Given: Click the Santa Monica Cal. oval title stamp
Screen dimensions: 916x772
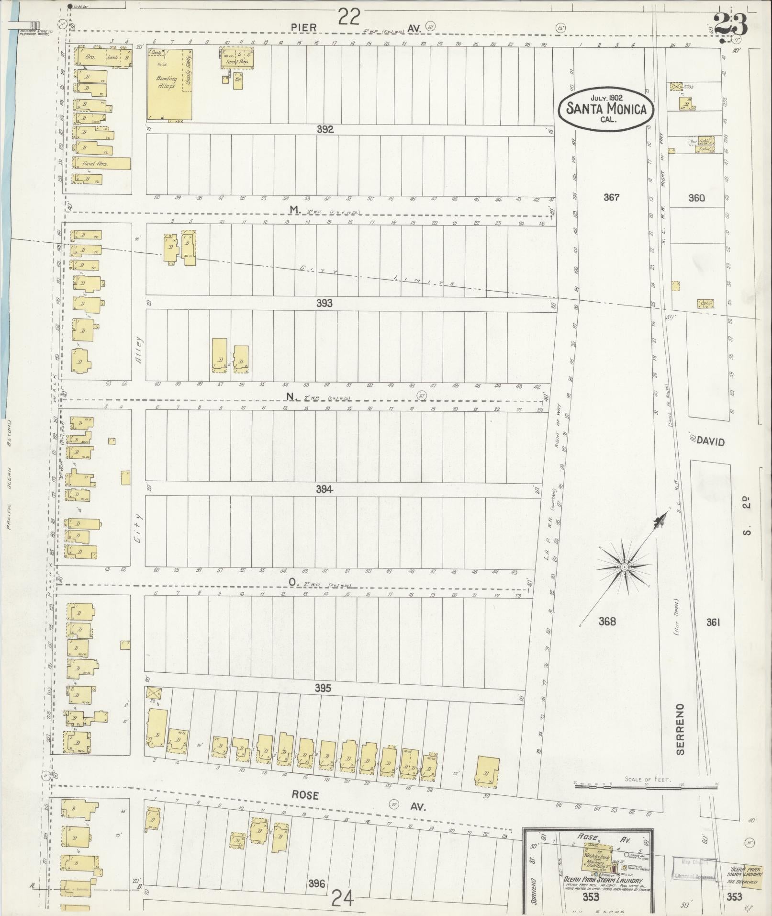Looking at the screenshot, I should click(606, 108).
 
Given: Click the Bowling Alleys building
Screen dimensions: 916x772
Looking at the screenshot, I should click(170, 84).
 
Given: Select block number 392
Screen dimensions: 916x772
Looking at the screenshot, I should click(324, 129).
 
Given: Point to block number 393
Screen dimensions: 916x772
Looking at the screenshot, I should click(324, 303).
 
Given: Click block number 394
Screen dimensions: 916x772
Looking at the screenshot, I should click(324, 489).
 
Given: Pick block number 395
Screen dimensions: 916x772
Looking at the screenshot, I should click(323, 688).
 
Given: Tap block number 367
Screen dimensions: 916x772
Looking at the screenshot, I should click(611, 197).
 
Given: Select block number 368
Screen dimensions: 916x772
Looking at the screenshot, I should click(607, 622).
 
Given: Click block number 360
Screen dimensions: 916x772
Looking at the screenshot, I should click(696, 198).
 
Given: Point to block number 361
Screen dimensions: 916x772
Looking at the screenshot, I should click(713, 622).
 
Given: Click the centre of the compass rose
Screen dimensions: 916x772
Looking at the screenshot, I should click(625, 567).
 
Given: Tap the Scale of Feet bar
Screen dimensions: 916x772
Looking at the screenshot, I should click(646, 784).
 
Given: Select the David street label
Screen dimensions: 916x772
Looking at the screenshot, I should click(710, 441).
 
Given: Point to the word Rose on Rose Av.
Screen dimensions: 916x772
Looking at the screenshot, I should click(305, 795).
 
